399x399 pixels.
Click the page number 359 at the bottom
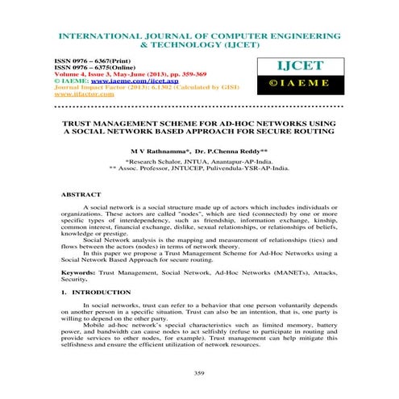[x=199, y=372]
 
